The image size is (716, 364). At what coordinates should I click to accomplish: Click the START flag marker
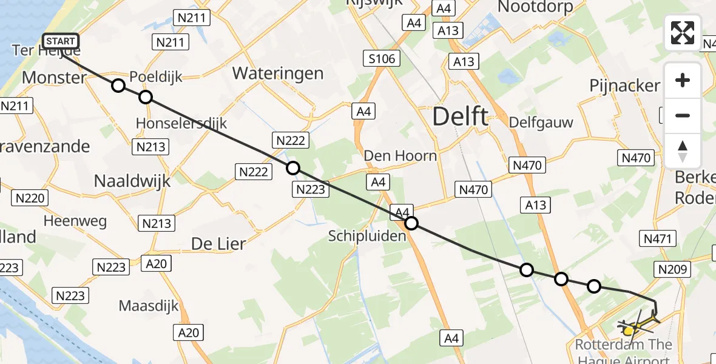pos(61,41)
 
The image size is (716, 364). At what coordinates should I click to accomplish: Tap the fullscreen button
pos(683,33)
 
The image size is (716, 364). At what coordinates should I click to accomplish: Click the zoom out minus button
pos(683,115)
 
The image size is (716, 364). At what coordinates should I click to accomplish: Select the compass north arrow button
pos(683,151)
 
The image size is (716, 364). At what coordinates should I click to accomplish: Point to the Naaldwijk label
pos(132,180)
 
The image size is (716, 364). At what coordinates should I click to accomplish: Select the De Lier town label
pos(218,244)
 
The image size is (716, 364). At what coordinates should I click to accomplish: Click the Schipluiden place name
pos(367,235)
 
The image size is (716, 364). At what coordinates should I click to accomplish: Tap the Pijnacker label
pos(624,86)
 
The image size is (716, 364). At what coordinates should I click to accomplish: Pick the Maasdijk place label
pos(149,305)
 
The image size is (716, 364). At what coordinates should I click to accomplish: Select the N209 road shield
pos(670,268)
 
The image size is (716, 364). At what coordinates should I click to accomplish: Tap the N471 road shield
pos(658,238)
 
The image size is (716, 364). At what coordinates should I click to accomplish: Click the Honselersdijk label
pos(181,123)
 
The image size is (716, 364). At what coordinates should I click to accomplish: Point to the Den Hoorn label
pos(400,156)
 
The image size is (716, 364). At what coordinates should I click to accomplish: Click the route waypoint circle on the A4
pos(411,223)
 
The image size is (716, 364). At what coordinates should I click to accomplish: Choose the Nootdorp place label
pos(535,7)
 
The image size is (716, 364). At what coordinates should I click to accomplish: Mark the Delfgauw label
pos(542,123)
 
